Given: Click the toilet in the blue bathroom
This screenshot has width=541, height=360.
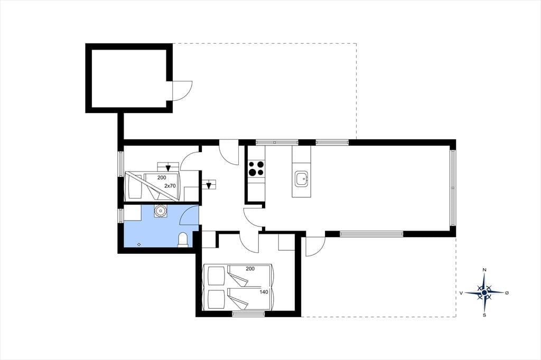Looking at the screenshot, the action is pos(183,240).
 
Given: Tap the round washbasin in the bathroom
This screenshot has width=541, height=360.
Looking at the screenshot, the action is pos(160,211).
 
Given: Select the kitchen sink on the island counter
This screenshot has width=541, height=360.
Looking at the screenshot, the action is pos(301,179).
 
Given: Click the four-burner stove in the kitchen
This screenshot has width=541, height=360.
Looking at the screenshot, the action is pos(256,168).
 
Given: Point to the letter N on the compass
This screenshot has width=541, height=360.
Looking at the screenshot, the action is pos(484,270).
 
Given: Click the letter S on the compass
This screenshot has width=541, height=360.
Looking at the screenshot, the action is pos(484,315).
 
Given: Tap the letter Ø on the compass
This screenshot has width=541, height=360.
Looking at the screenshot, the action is pos(507,293).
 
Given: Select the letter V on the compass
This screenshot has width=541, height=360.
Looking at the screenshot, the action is pos(461,293).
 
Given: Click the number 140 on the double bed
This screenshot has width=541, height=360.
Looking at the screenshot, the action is pos(264,292).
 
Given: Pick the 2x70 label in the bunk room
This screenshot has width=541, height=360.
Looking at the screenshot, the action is pos(170,185).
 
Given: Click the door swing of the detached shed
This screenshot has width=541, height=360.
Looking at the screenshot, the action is pos(182,91).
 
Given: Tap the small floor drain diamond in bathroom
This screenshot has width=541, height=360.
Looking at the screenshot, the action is pos(139,244).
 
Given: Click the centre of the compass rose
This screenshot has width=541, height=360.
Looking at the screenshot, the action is pos(484,292).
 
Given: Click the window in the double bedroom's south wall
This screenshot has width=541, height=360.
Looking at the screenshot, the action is pos(248,314).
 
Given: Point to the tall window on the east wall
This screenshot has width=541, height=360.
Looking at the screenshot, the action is pos(453,187).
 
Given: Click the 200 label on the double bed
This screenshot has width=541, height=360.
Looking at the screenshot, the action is pos(250,268).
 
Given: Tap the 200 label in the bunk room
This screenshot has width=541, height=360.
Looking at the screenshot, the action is pos(162,177).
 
